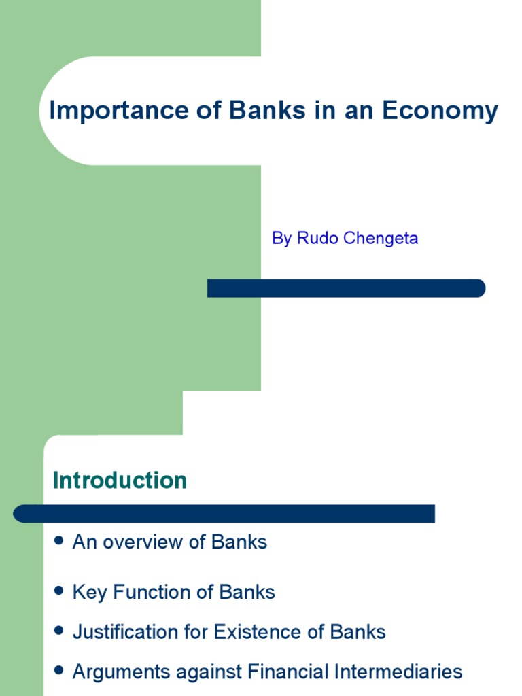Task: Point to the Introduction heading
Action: click(120, 481)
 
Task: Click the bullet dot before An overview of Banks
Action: click(59, 540)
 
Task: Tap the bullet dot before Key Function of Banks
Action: click(59, 591)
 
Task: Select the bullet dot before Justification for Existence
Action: click(59, 631)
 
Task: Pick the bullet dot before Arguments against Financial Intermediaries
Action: click(59, 671)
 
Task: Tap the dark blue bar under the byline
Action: click(346, 288)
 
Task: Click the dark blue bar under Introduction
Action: click(224, 513)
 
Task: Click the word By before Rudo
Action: click(281, 239)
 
